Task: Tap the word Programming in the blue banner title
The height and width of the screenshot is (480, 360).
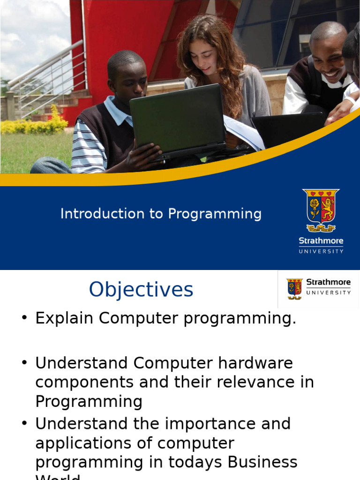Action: pos(215,214)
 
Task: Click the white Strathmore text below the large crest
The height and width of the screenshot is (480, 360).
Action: pos(321,241)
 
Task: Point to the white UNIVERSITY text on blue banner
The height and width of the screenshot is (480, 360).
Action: pos(321,251)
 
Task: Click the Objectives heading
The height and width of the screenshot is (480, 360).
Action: pos(141,290)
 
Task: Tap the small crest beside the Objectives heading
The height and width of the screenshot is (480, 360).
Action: pos(295,288)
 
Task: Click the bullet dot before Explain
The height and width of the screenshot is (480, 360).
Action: pos(25,318)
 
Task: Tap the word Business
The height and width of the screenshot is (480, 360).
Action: pos(262,462)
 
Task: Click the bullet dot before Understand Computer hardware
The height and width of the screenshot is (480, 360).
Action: pos(25,363)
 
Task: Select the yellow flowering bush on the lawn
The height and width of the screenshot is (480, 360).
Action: pos(35,124)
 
